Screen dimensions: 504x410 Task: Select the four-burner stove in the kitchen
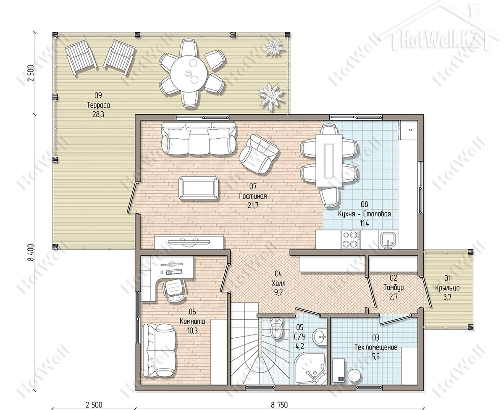[x=350, y=239]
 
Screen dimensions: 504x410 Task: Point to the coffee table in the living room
[x=199, y=189]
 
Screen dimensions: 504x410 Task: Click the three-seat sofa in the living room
[x=198, y=138]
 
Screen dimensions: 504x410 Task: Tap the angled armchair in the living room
[x=259, y=154]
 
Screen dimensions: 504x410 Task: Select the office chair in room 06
[x=174, y=290]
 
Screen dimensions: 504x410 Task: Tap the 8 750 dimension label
[x=279, y=405]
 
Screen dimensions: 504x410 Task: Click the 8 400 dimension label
[x=31, y=252]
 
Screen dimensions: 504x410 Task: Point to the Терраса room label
[x=98, y=105]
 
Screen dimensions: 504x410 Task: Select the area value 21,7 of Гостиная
[x=253, y=205]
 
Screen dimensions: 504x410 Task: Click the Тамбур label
[x=393, y=287]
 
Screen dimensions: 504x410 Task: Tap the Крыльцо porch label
[x=447, y=288]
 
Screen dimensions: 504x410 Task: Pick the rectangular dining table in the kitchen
[x=329, y=160]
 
